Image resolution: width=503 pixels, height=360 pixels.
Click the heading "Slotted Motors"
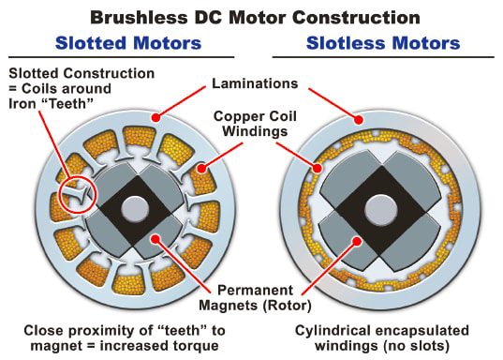tap(128, 43)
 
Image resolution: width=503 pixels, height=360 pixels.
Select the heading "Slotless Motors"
tap(383, 43)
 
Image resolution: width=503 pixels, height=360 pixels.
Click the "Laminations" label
tap(255, 83)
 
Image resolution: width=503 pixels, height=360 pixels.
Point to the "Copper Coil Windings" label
tap(255, 124)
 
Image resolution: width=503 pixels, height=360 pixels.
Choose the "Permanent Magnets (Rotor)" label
tap(255, 298)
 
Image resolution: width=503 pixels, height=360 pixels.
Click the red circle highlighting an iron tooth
tap(78, 194)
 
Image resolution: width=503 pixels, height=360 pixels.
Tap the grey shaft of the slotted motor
tap(135, 210)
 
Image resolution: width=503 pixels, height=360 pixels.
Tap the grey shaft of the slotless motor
tap(380, 210)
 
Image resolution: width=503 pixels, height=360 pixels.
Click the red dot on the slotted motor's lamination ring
tap(155, 117)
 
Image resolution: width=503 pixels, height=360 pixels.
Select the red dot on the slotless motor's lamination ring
tap(359, 120)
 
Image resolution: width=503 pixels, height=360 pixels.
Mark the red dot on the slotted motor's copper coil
tap(201, 168)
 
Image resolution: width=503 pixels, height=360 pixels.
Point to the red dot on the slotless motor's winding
tap(318, 168)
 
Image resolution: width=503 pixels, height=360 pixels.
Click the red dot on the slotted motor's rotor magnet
tap(155, 239)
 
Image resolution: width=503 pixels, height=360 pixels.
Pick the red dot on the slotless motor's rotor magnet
tap(357, 241)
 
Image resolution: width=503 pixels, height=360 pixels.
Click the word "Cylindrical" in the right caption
tap(332, 331)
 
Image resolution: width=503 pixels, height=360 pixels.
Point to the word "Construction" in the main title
tap(356, 17)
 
